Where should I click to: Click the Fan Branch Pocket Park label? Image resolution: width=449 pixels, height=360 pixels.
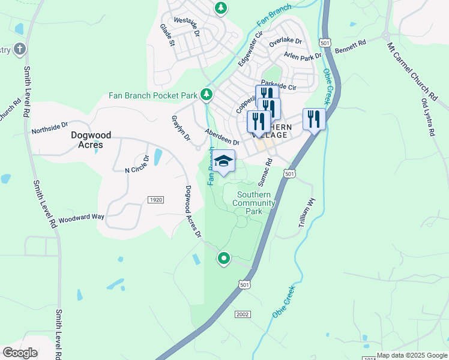(x=153, y=95)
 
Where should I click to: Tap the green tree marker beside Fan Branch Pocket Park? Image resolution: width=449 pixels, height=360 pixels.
(x=206, y=94)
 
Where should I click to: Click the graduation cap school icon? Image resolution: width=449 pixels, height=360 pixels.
(x=224, y=162)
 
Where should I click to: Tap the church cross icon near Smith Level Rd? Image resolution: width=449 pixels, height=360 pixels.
(x=19, y=49)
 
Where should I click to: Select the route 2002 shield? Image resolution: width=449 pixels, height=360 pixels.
(x=242, y=314)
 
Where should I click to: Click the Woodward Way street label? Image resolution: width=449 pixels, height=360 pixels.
(x=77, y=217)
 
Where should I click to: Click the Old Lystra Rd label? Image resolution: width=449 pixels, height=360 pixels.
(x=428, y=116)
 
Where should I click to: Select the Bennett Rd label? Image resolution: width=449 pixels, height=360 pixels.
(x=350, y=47)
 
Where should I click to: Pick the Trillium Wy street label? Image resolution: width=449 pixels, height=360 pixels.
(x=306, y=212)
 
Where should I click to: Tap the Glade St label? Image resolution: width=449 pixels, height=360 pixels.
(x=166, y=35)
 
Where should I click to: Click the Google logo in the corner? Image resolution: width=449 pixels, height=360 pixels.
(x=20, y=353)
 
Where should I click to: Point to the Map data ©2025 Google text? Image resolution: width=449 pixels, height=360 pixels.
(x=412, y=355)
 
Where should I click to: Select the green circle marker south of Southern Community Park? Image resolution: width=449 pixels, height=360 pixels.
(x=224, y=259)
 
